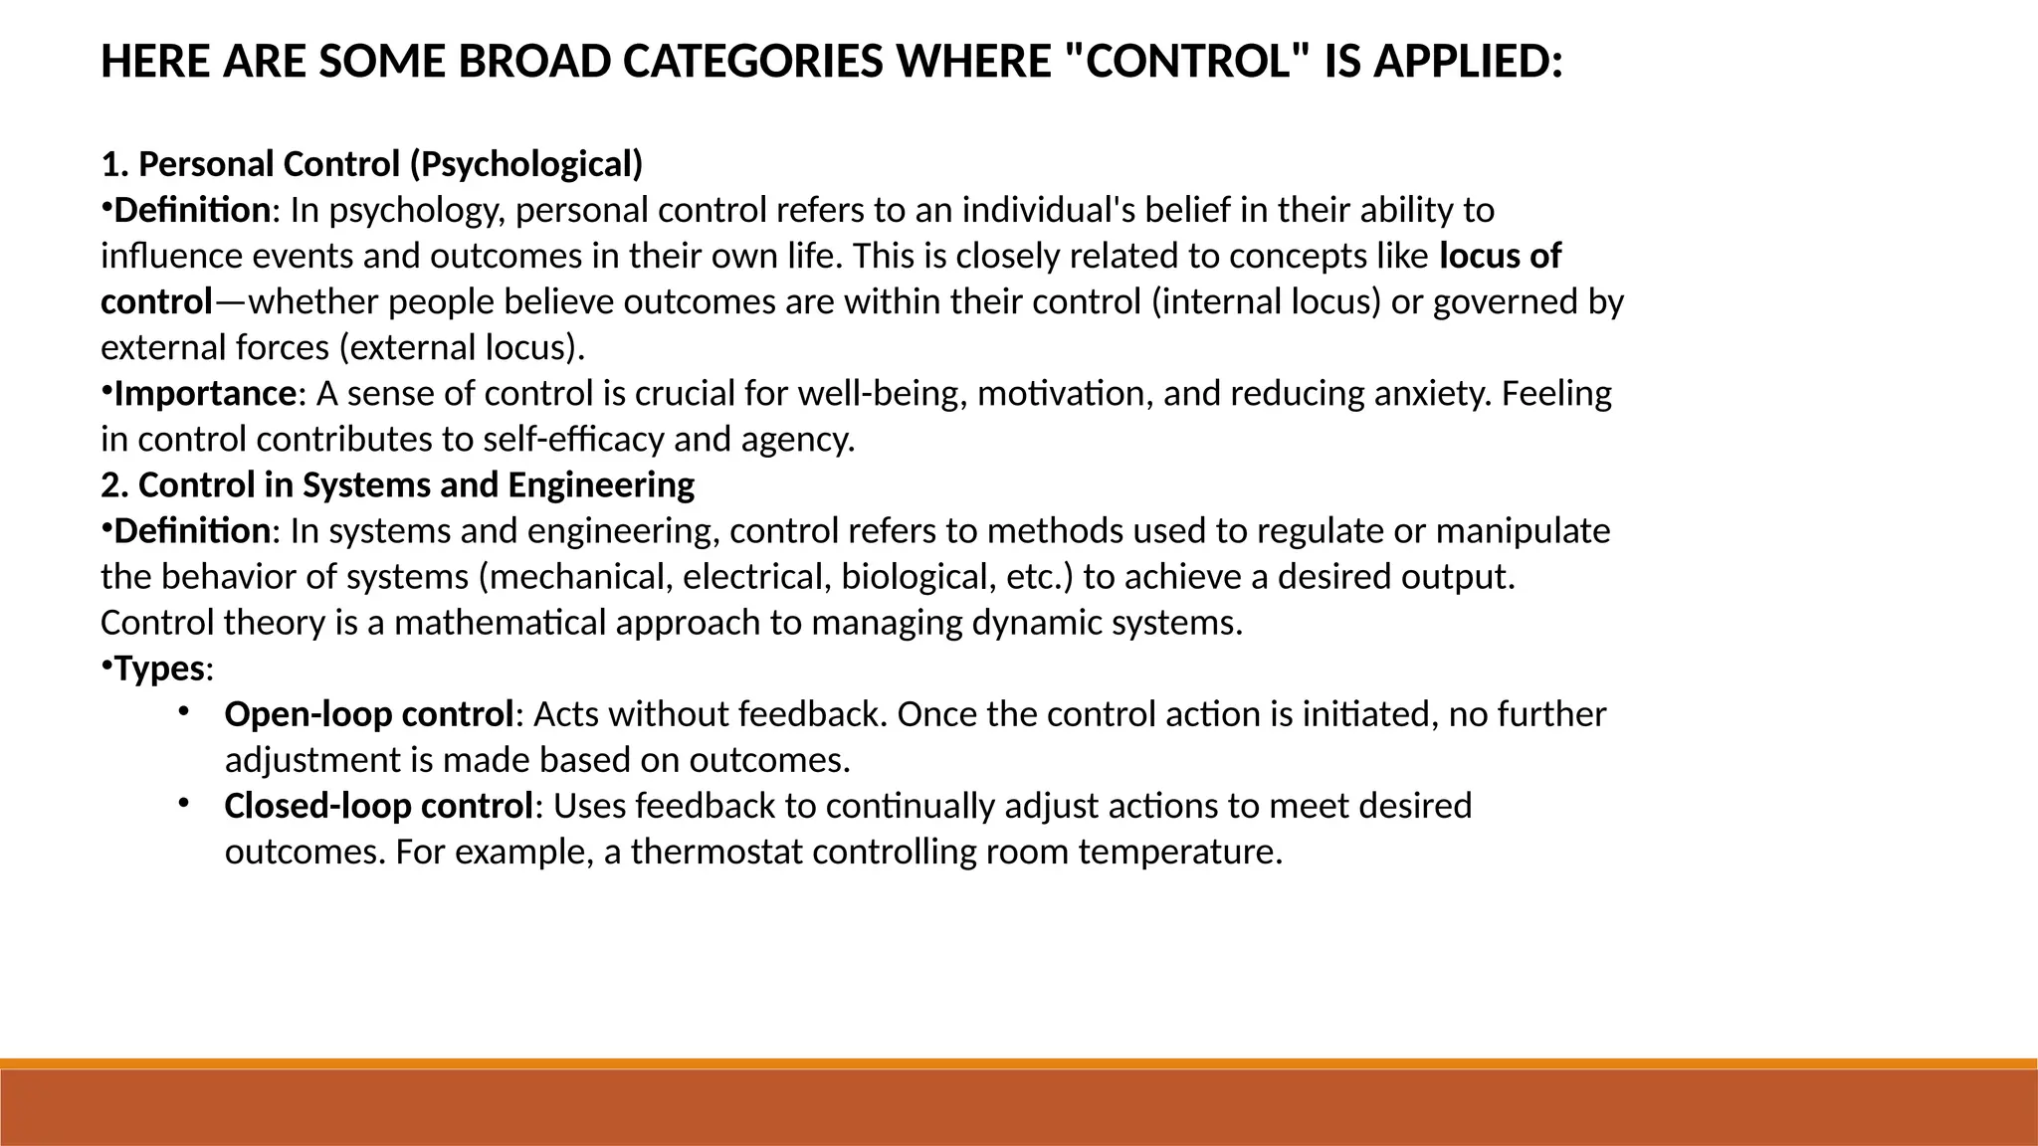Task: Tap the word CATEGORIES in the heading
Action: [x=751, y=63]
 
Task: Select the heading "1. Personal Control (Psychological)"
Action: [x=372, y=164]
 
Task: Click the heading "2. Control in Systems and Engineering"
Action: [x=398, y=485]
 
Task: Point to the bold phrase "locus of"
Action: [x=1501, y=257]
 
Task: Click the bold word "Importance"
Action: [x=205, y=394]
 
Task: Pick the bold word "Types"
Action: [x=159, y=668]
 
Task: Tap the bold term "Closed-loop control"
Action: [x=378, y=806]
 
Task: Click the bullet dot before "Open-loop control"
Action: [x=184, y=711]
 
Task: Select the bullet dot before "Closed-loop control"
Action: [x=184, y=803]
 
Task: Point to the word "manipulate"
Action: [x=1523, y=531]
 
